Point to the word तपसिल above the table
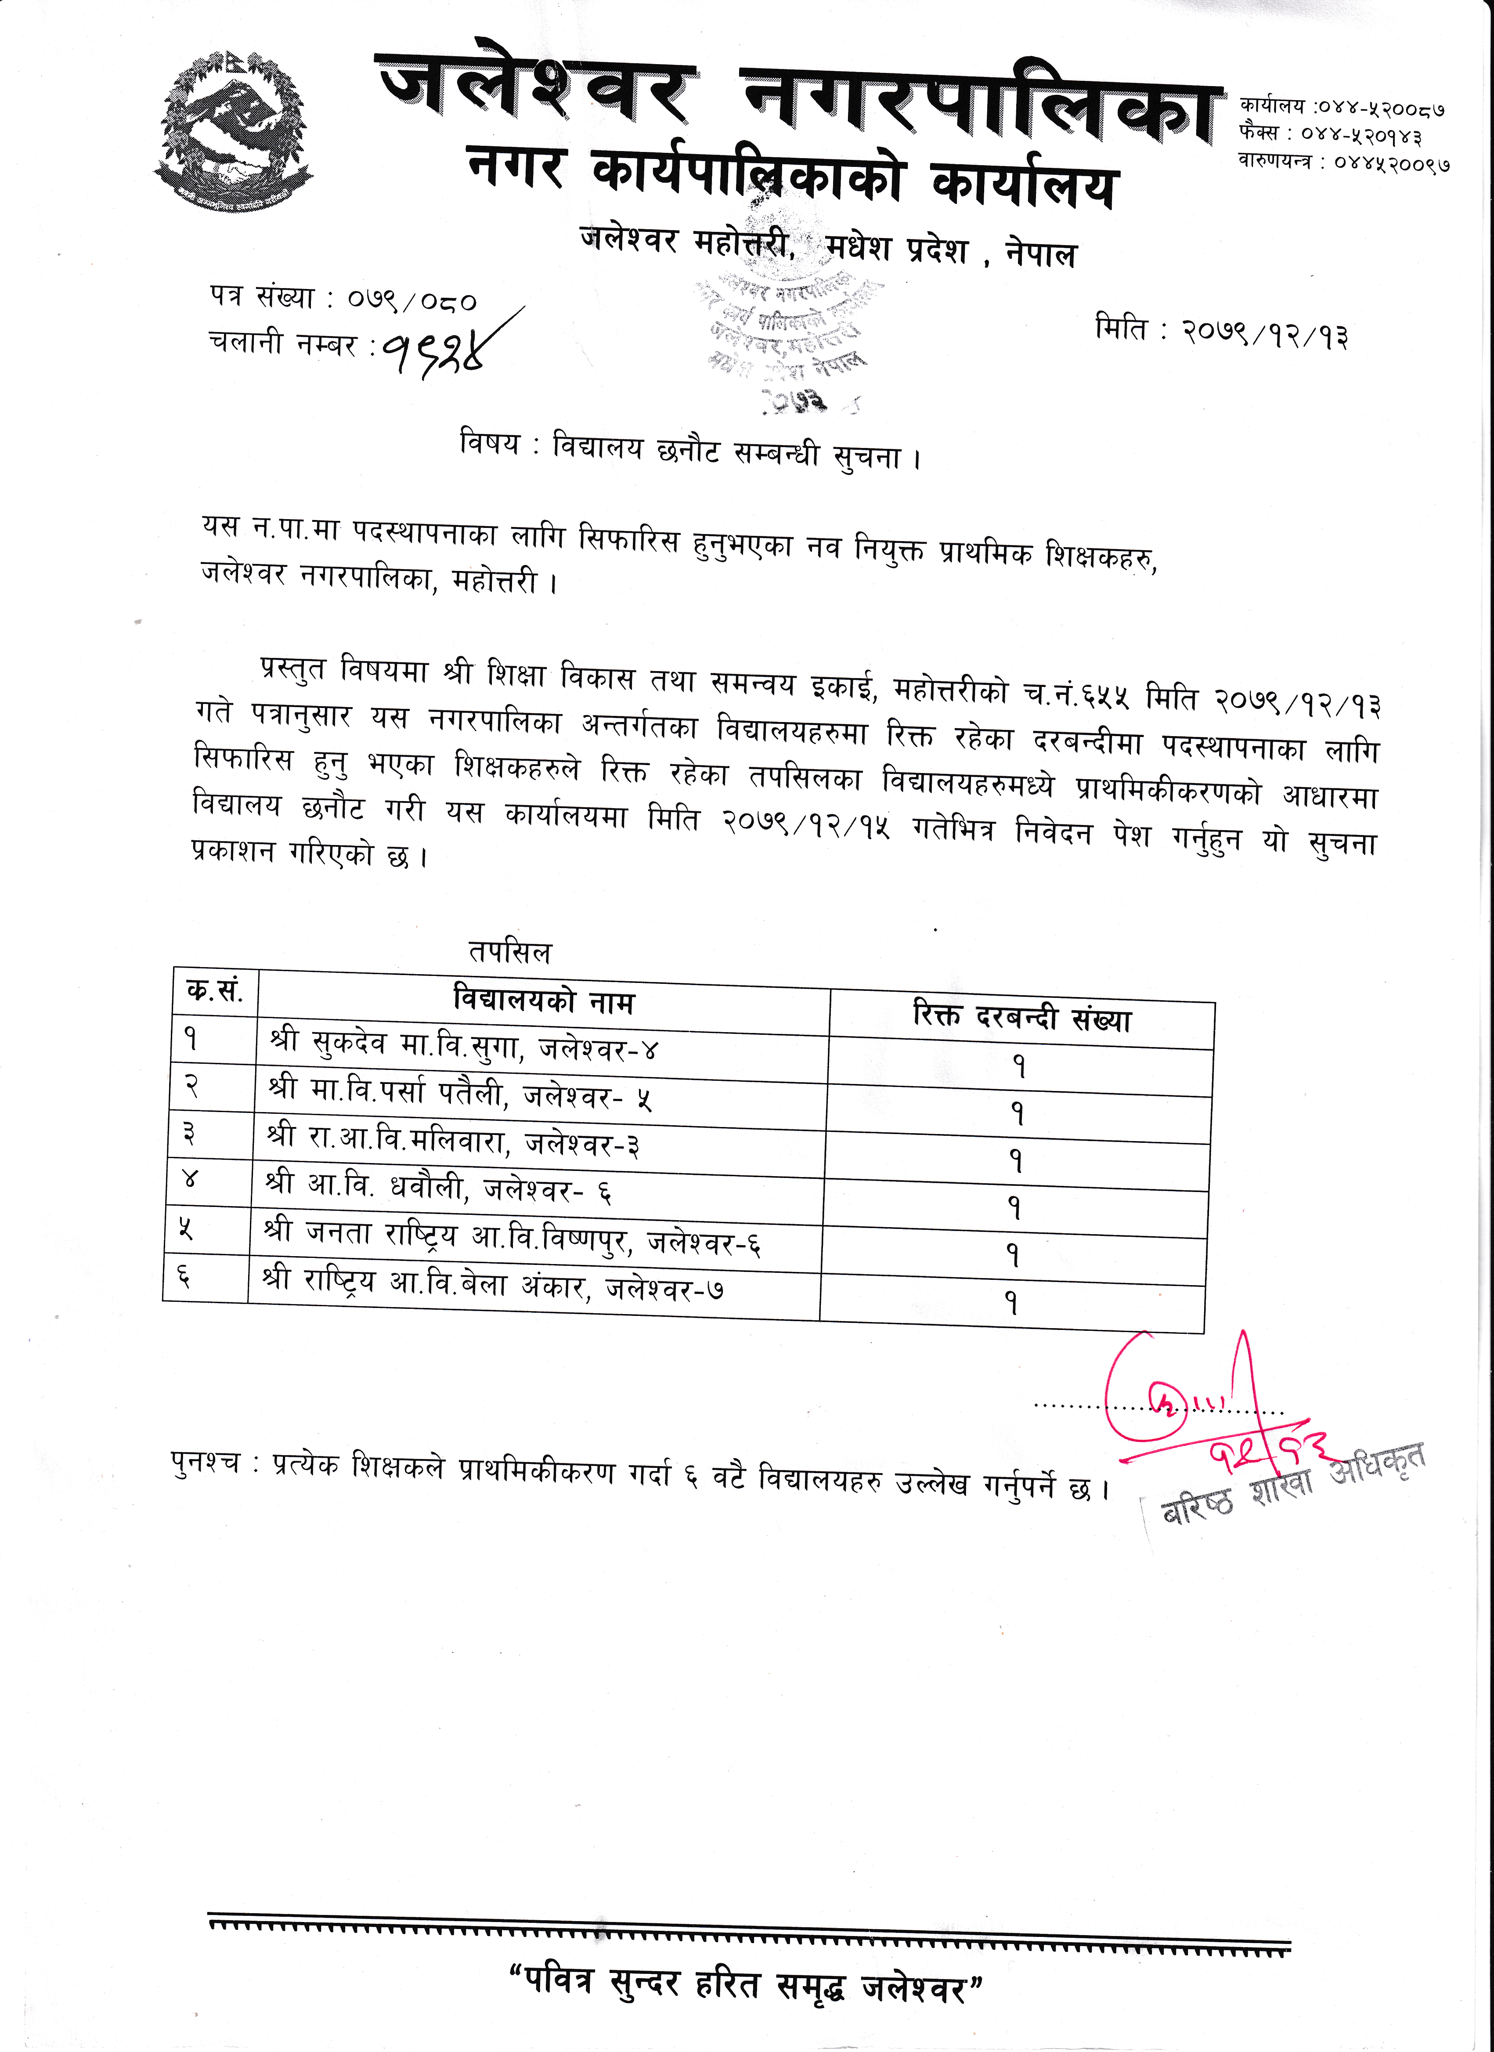(509, 952)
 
